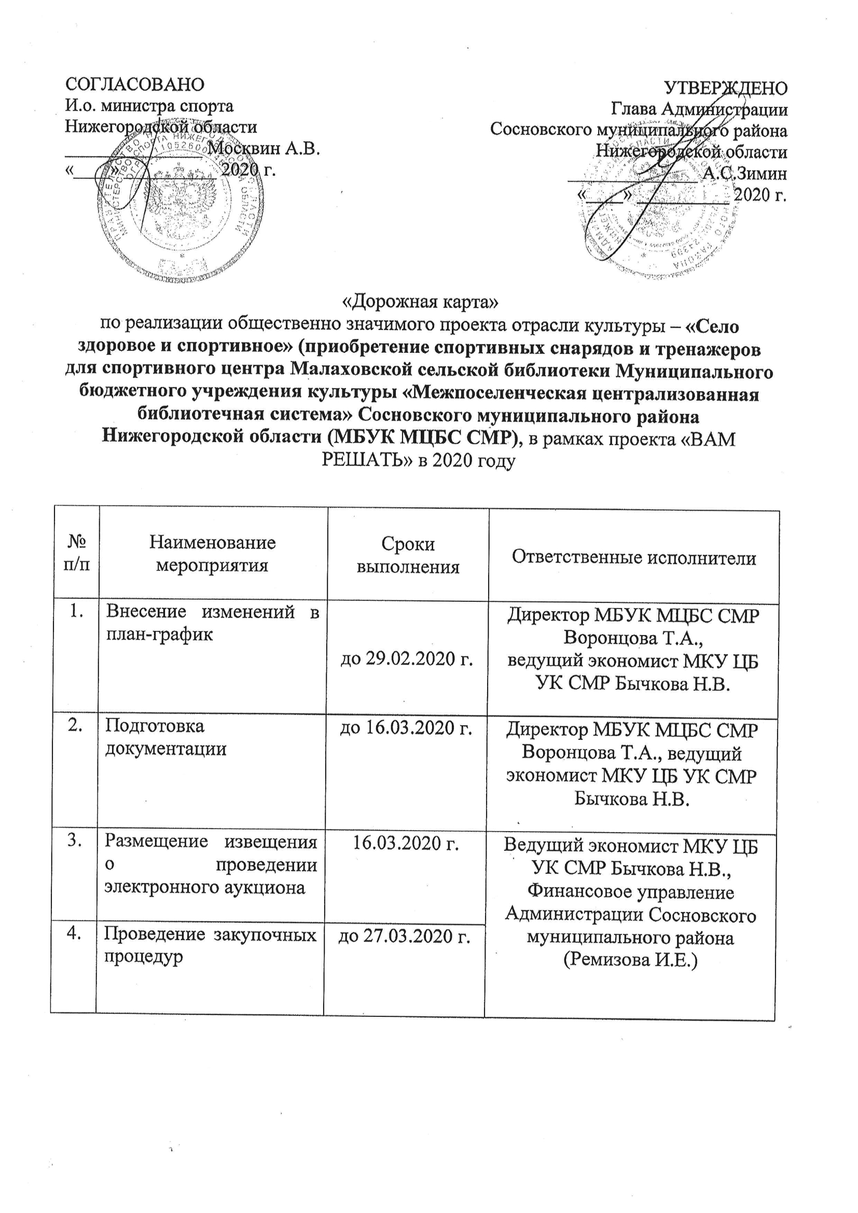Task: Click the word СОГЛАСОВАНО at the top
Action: point(135,85)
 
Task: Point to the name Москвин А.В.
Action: point(264,148)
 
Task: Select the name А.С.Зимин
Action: point(745,173)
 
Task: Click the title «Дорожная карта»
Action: point(421,301)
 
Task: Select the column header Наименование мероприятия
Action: point(212,554)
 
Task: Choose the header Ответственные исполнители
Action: point(634,557)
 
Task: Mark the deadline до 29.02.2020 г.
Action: point(406,659)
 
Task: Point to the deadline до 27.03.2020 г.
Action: point(404,936)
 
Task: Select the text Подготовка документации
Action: point(165,737)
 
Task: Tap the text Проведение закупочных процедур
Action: point(210,946)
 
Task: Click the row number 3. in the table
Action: point(75,840)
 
